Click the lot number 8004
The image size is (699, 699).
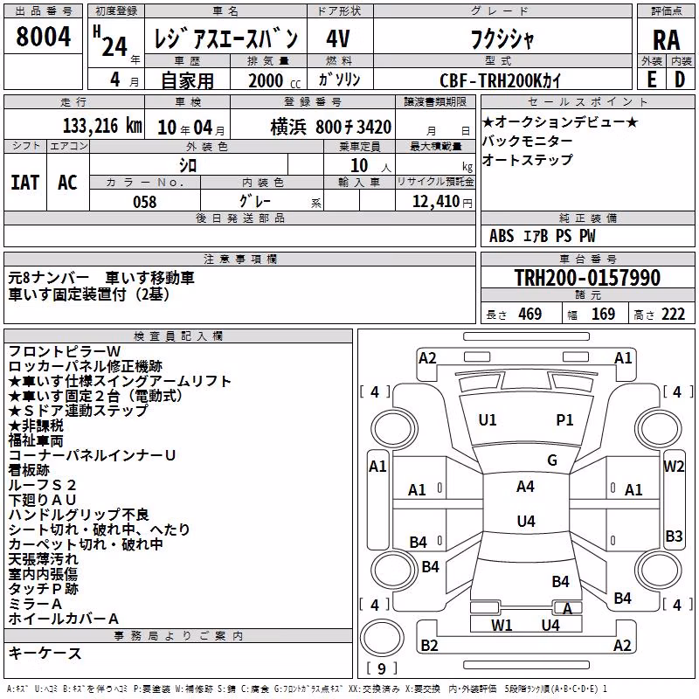pos(43,36)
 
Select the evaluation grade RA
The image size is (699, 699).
pos(666,40)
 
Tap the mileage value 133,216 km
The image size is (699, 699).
pos(102,126)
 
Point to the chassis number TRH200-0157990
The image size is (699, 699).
pos(587,277)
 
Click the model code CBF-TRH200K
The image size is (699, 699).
pos(490,80)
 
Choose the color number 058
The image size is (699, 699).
pos(145,202)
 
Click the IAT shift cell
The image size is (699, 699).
pos(25,183)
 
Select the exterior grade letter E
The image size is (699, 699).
pos(651,80)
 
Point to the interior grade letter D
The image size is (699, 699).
pos(680,80)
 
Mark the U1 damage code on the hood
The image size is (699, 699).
pos(488,420)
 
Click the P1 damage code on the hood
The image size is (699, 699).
pos(564,420)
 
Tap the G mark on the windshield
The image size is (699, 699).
pos(552,460)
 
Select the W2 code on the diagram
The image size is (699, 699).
pos(674,467)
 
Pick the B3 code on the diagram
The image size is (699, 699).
pos(674,536)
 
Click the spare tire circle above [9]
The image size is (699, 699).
pos(382,638)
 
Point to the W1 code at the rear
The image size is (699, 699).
pos(502,626)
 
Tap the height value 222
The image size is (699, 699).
pos(673,315)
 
